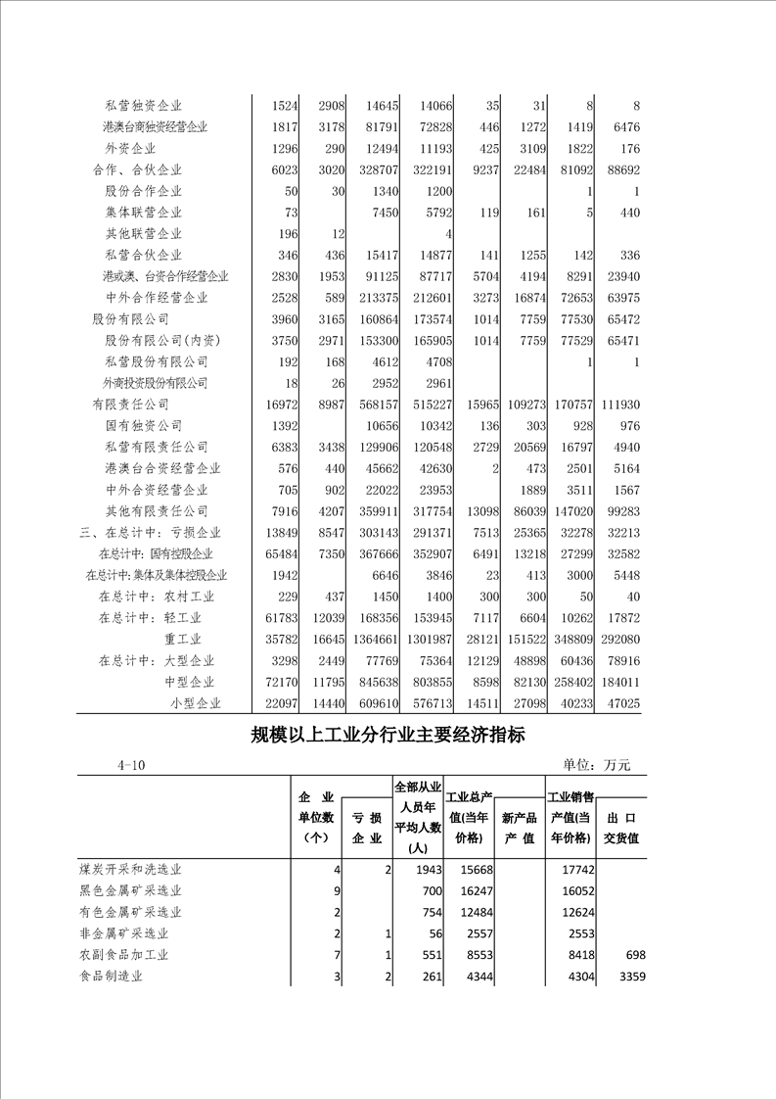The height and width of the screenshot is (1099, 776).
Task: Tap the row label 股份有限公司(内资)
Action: pyautogui.click(x=162, y=341)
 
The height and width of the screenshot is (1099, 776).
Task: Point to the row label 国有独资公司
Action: pyautogui.click(x=143, y=426)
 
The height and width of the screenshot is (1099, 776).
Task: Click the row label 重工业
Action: pyautogui.click(x=189, y=639)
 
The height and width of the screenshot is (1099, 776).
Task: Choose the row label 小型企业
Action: pyautogui.click(x=196, y=703)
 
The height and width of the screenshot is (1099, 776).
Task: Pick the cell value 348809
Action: pyautogui.click(x=570, y=639)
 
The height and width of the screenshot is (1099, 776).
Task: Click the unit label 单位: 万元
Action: pyautogui.click(x=596, y=765)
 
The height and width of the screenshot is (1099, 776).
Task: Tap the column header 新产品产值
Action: pyautogui.click(x=519, y=828)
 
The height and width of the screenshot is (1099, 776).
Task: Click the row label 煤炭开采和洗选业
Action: pyautogui.click(x=130, y=870)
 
